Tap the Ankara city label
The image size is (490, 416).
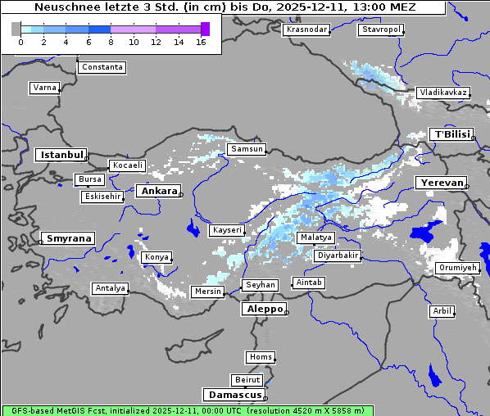click(158, 191)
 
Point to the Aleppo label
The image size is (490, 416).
click(264, 309)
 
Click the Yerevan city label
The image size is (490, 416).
click(440, 183)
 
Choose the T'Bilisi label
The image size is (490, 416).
click(451, 134)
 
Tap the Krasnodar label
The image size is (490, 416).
click(306, 29)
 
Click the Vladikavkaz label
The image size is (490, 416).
click(443, 93)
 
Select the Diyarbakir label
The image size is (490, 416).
click(337, 255)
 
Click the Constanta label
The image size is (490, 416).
click(102, 67)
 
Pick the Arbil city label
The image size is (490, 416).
click(442, 311)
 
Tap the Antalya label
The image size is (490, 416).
click(110, 288)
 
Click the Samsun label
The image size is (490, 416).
click(247, 149)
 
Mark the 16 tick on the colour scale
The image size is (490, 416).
click(201, 41)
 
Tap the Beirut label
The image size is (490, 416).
click(247, 380)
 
